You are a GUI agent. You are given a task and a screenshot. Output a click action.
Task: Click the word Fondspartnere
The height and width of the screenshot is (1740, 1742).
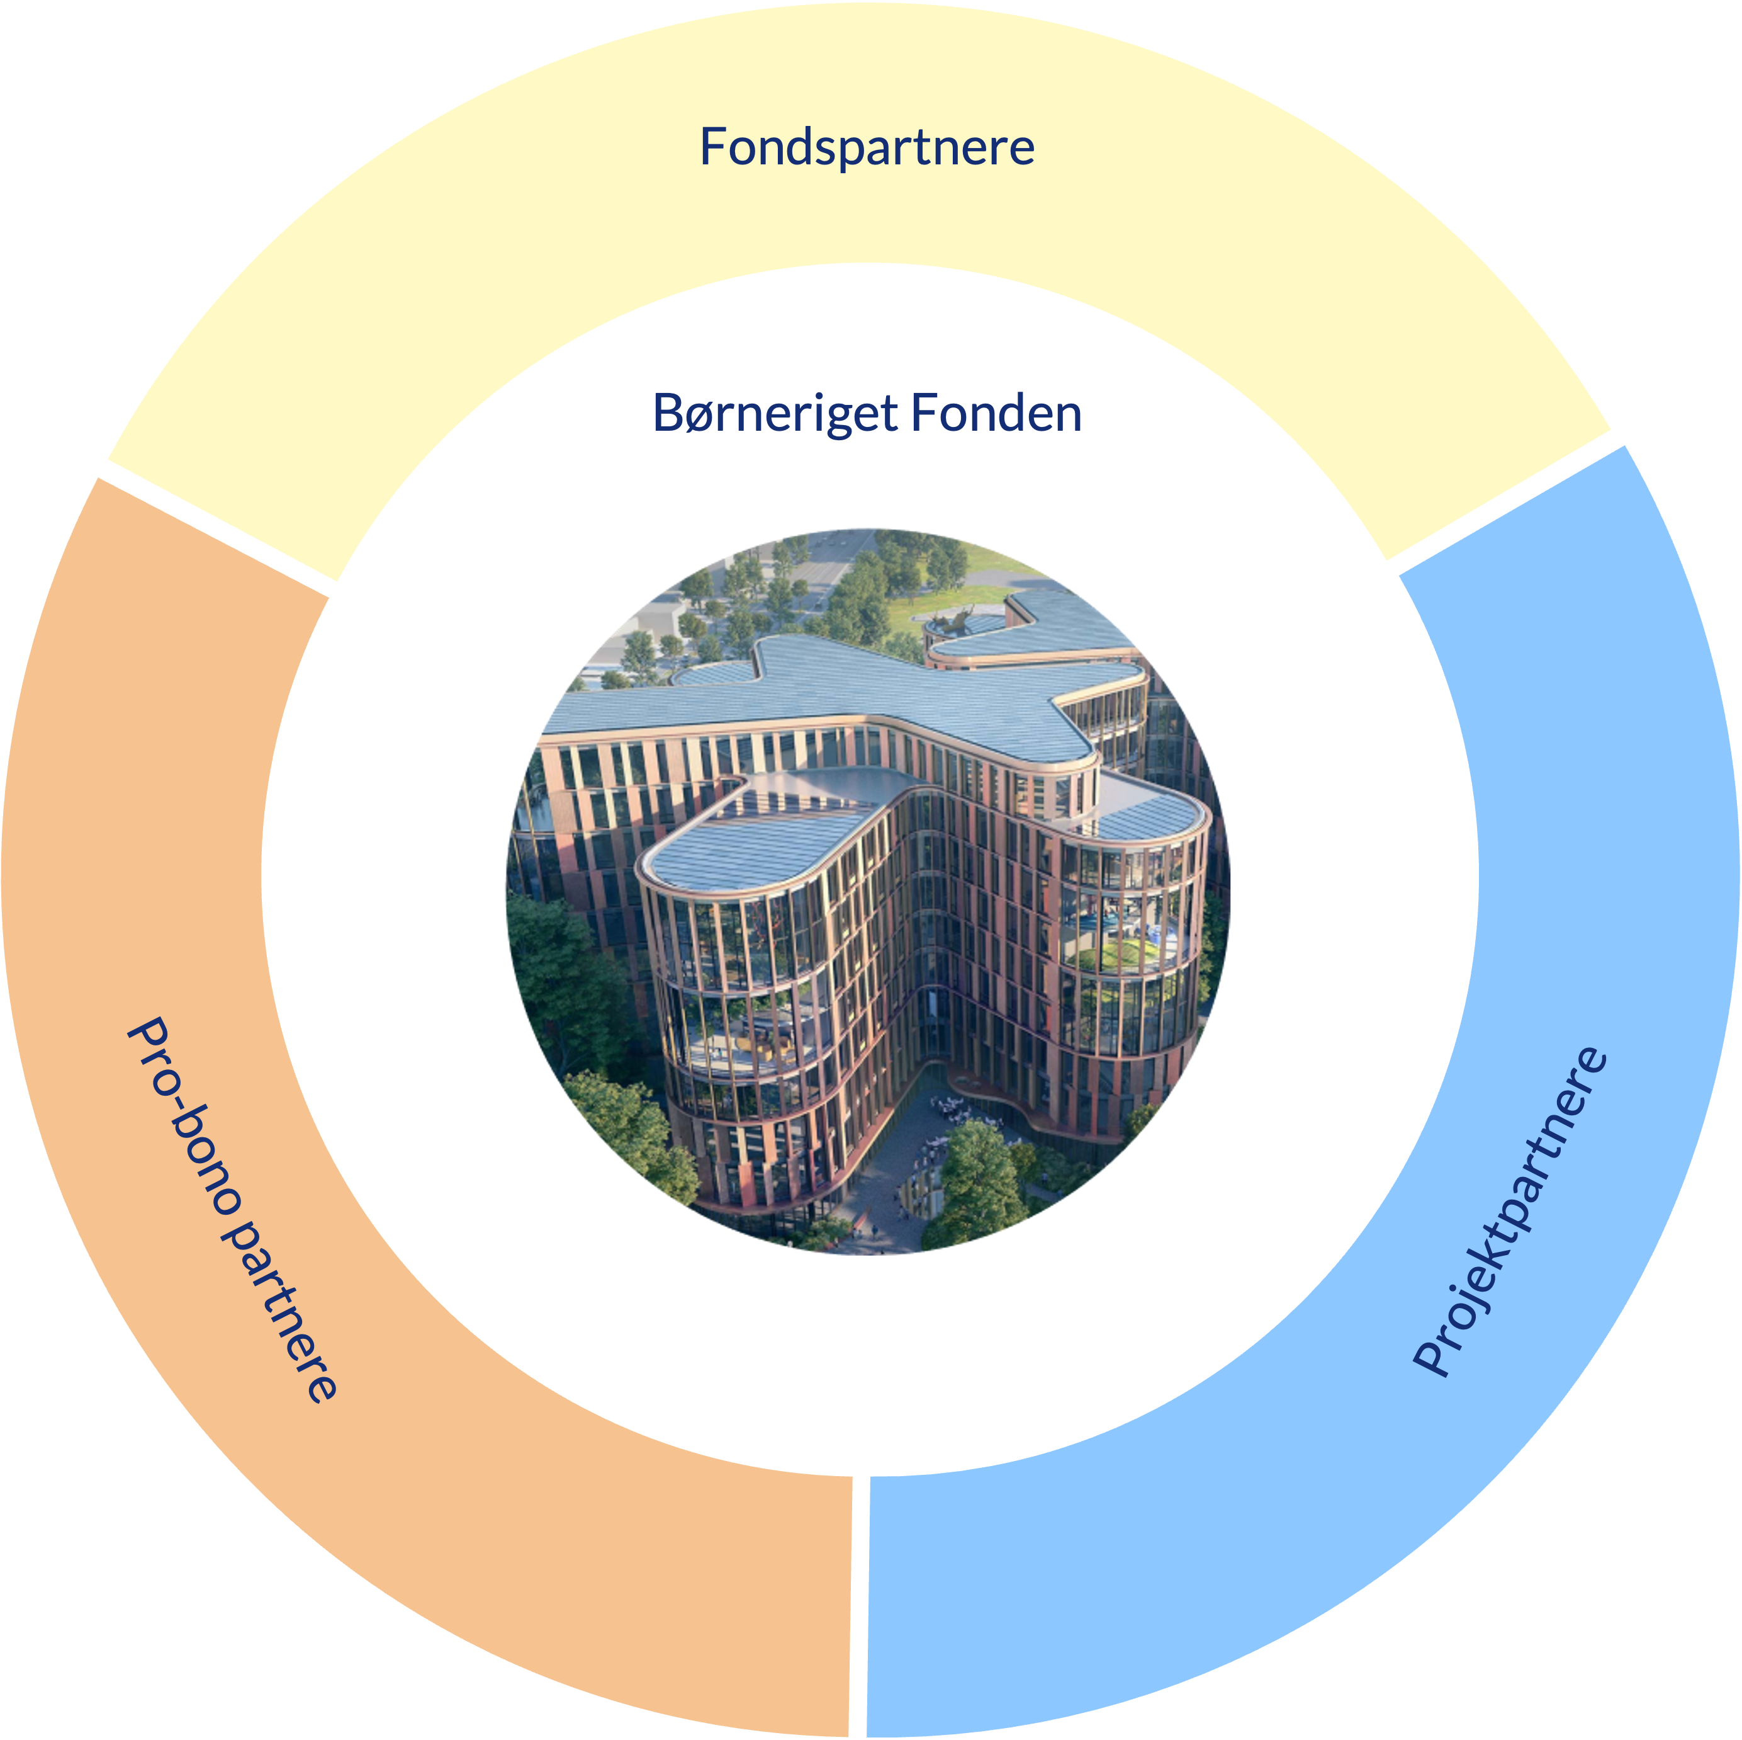point(867,147)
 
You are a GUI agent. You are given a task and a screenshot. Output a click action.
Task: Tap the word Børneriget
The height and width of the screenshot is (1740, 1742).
point(775,413)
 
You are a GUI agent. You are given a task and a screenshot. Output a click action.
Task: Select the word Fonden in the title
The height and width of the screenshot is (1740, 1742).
point(996,413)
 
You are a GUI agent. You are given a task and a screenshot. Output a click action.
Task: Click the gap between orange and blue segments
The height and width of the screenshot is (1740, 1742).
point(858,1606)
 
